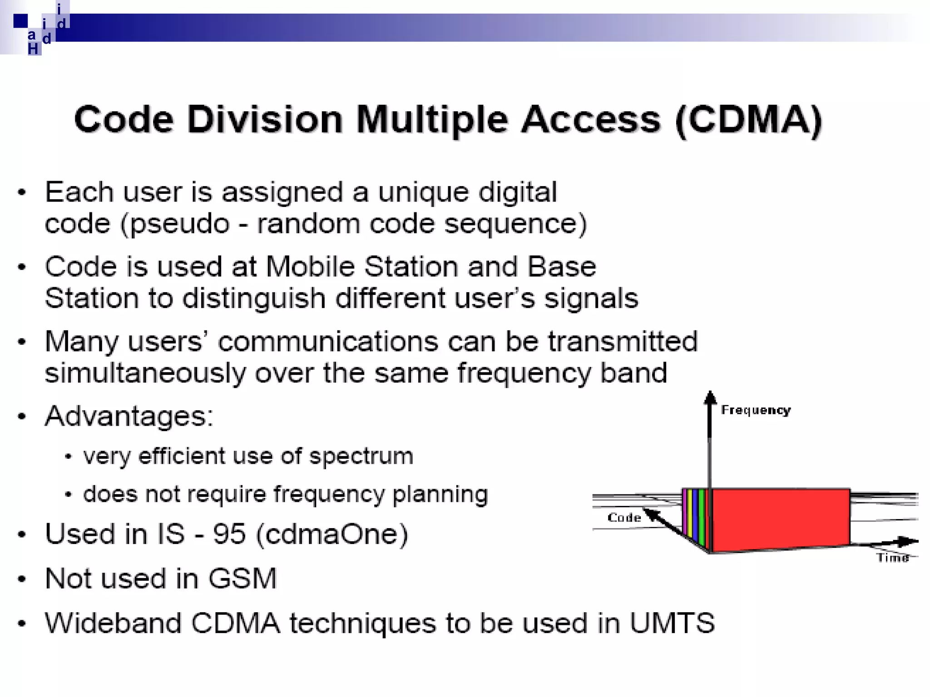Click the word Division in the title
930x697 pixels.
[264, 120]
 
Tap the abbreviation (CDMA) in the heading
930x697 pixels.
[748, 120]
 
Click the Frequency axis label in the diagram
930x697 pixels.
[756, 410]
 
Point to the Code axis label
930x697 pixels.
[624, 518]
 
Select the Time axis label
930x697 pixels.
[893, 557]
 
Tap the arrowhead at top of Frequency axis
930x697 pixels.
[710, 398]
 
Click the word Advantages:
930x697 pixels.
[129, 416]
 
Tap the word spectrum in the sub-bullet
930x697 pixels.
[361, 456]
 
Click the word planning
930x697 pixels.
[440, 494]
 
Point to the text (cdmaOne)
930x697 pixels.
[332, 534]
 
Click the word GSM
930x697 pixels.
[242, 579]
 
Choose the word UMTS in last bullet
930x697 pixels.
[672, 623]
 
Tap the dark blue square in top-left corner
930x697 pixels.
[20, 21]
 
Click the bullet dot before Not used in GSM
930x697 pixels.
[22, 579]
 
